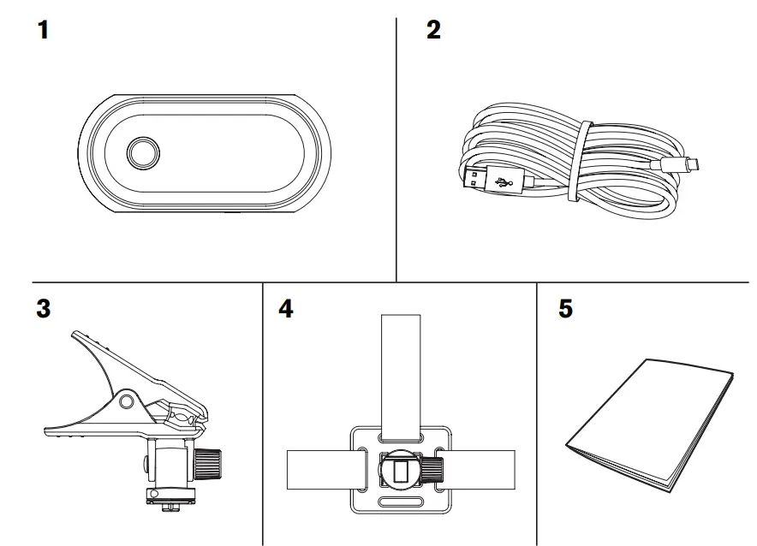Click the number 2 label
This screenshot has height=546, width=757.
coord(433,31)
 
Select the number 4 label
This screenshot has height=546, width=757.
coord(285,309)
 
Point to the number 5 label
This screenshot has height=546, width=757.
coord(565,309)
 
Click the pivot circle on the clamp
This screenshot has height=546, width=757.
coord(127,401)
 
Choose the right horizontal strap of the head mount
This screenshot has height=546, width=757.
coord(484,471)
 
